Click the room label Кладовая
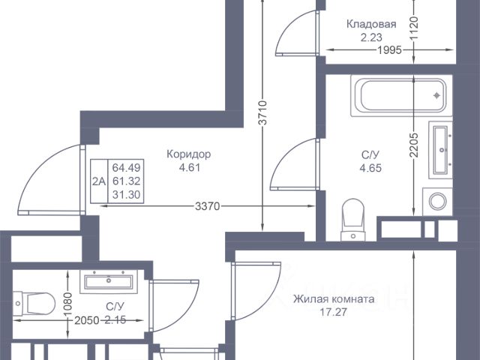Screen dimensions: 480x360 pyautogui.click(x=371, y=24)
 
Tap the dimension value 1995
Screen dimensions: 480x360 pyautogui.click(x=389, y=50)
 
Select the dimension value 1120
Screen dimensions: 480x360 pyautogui.click(x=414, y=28)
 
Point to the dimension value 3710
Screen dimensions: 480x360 pyautogui.click(x=263, y=112)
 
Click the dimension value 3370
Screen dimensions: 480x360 pyautogui.click(x=208, y=206)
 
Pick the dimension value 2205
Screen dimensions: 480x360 pyautogui.click(x=414, y=145)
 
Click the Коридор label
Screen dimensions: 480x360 pyautogui.click(x=188, y=154)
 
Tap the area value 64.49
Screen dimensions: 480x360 pyautogui.click(x=126, y=168)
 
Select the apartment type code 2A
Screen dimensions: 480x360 pyautogui.click(x=99, y=181)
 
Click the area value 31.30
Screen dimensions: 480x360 pyautogui.click(x=126, y=194)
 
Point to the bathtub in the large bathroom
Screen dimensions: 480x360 pyautogui.click(x=401, y=96)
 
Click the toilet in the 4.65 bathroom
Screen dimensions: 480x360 pyautogui.click(x=353, y=220)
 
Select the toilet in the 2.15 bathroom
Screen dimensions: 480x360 pyautogui.click(x=34, y=303)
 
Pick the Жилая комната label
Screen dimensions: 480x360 pyautogui.click(x=334, y=298)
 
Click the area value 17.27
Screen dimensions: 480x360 pyautogui.click(x=334, y=312)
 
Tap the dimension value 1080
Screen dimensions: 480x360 pyautogui.click(x=68, y=304)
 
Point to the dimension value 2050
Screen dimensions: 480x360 pyautogui.click(x=87, y=320)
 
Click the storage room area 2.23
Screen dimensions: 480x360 pyautogui.click(x=371, y=37)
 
